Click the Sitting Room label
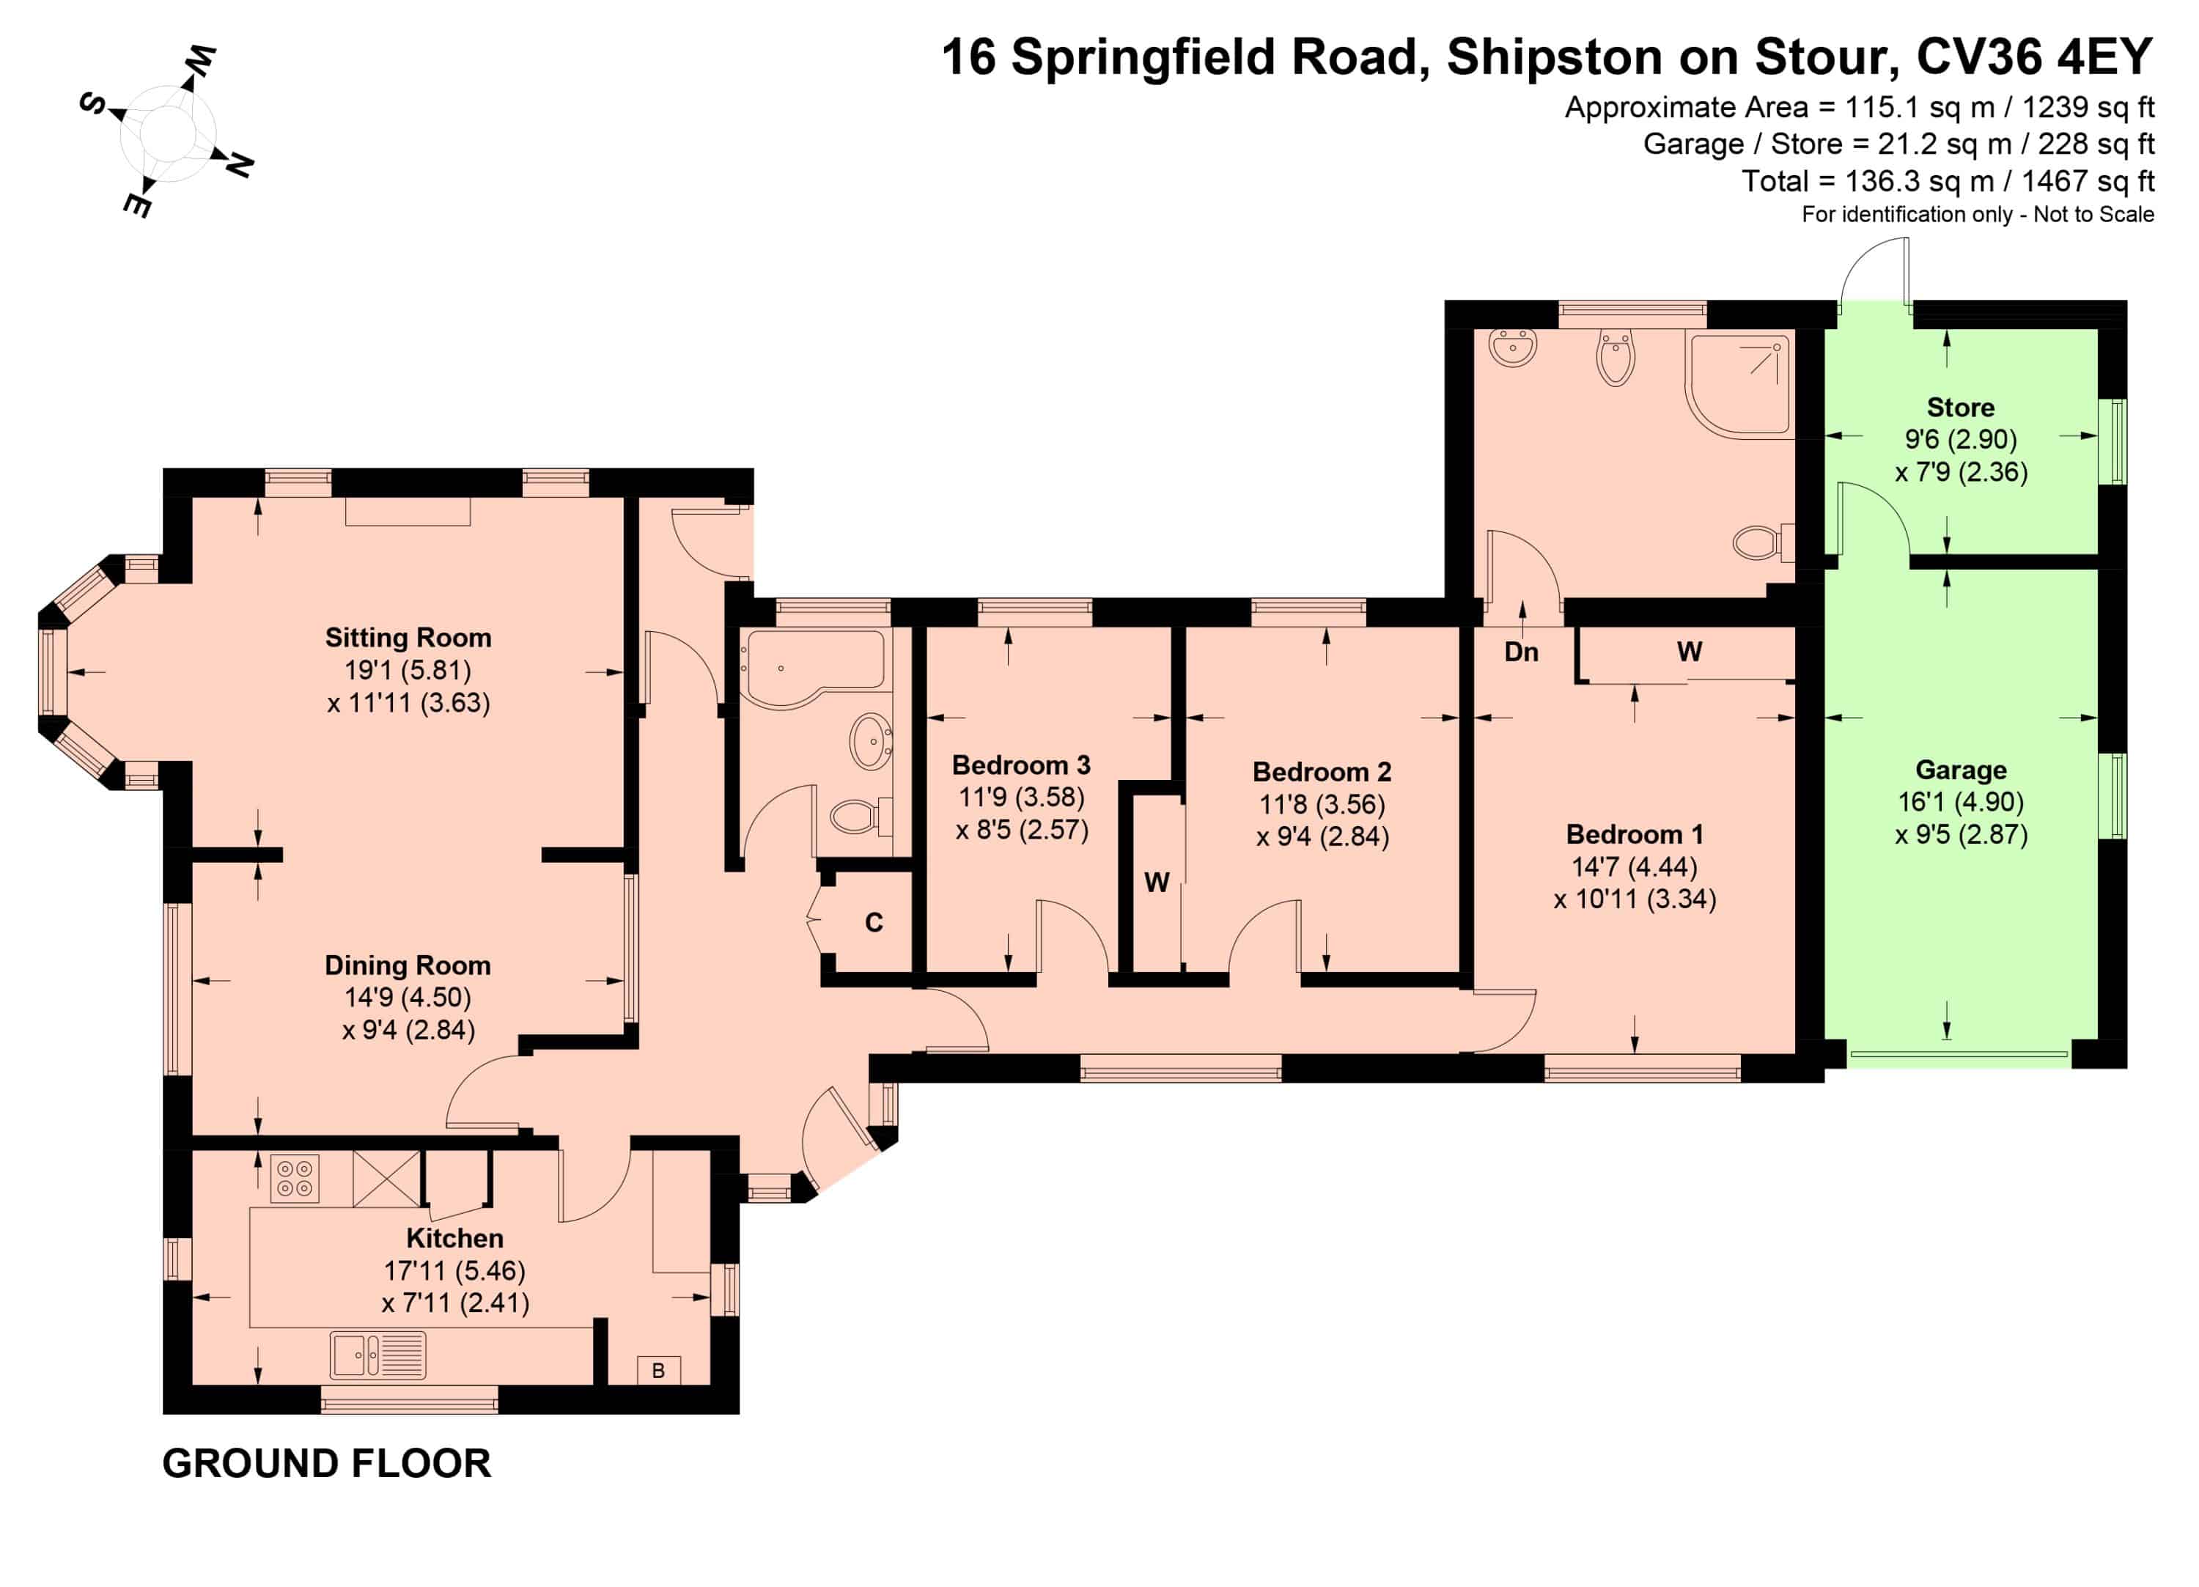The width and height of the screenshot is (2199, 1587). click(x=408, y=638)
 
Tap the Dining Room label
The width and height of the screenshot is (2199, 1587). click(x=408, y=965)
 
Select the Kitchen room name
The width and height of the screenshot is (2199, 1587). click(x=454, y=1239)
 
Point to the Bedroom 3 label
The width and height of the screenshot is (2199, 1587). click(x=1021, y=765)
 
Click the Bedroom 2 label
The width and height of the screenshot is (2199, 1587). click(x=1322, y=772)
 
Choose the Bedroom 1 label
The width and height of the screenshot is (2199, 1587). click(x=1635, y=835)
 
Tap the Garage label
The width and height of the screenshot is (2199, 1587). click(x=1961, y=770)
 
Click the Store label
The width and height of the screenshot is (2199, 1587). click(x=1961, y=407)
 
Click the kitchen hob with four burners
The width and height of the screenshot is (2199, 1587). click(x=295, y=1179)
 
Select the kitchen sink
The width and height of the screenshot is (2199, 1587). click(x=377, y=1355)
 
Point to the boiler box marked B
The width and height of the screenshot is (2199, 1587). click(x=658, y=1371)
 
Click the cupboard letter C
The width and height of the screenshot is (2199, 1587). click(x=874, y=923)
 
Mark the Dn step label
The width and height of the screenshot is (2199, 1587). click(x=1521, y=652)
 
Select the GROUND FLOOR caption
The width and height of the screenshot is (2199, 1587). click(x=327, y=1463)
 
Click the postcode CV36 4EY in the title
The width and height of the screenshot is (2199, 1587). click(x=2034, y=56)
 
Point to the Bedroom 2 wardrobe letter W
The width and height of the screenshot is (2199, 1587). click(x=1157, y=883)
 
